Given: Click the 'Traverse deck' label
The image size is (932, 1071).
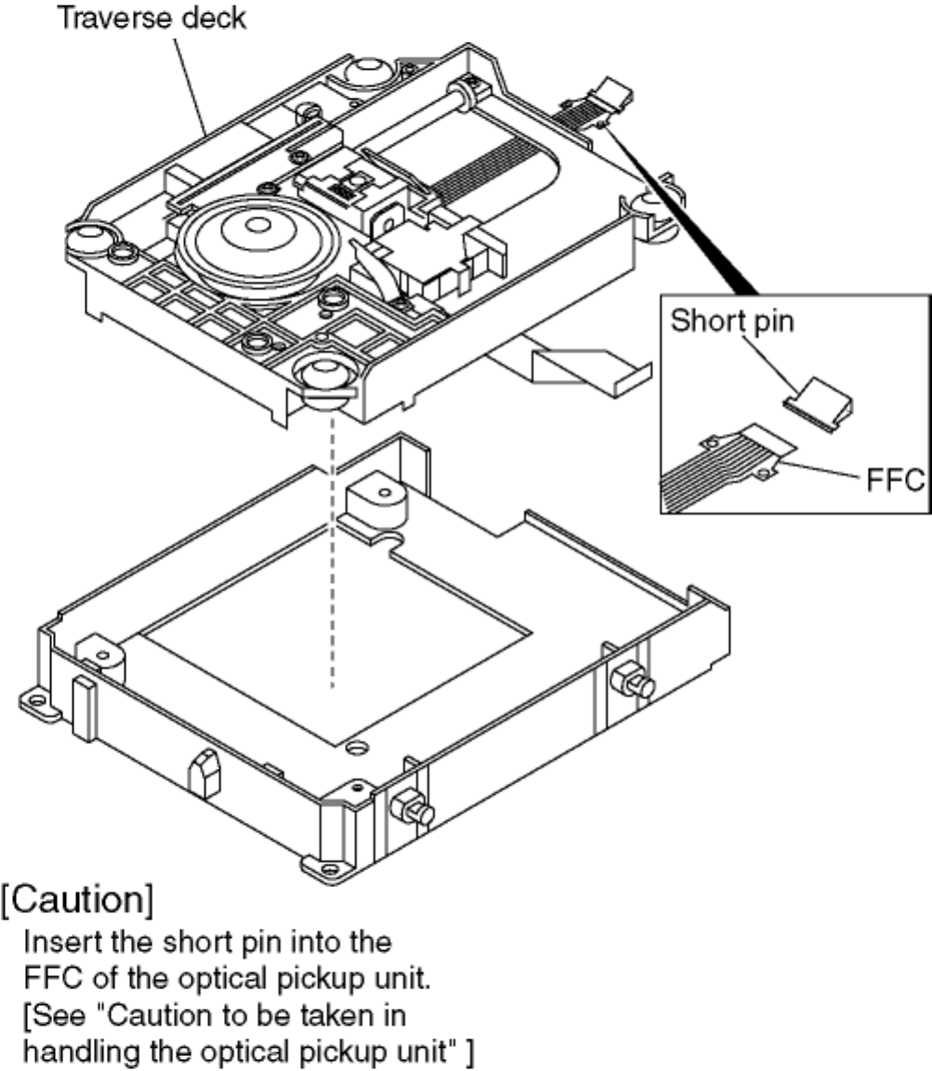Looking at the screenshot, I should coord(152,18).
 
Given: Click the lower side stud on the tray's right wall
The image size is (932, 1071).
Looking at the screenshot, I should coord(414,811).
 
